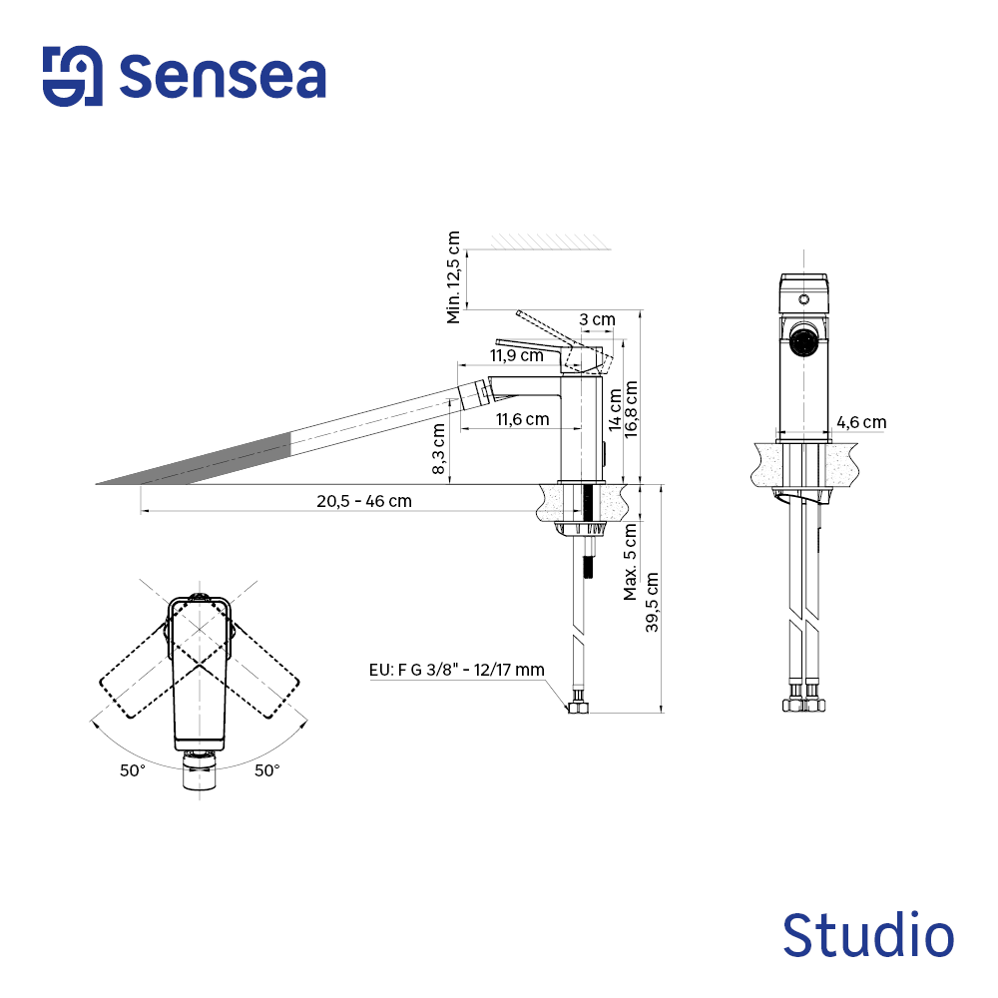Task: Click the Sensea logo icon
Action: coord(72,76)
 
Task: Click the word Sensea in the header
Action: coord(223,76)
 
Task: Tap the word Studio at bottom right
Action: coord(867,936)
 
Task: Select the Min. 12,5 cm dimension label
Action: coord(455,277)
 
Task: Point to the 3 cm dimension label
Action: coord(598,319)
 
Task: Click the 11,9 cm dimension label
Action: coord(516,355)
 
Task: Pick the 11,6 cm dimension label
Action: coord(522,420)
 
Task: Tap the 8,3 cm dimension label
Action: coord(439,449)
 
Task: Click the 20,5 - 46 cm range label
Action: coord(364,501)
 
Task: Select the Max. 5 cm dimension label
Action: coord(631,564)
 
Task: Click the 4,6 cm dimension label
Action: coord(861,422)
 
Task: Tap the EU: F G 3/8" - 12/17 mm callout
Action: coord(456,670)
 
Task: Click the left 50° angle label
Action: coord(133,769)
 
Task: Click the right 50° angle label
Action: coord(266,769)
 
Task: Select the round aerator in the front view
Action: coord(802,341)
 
